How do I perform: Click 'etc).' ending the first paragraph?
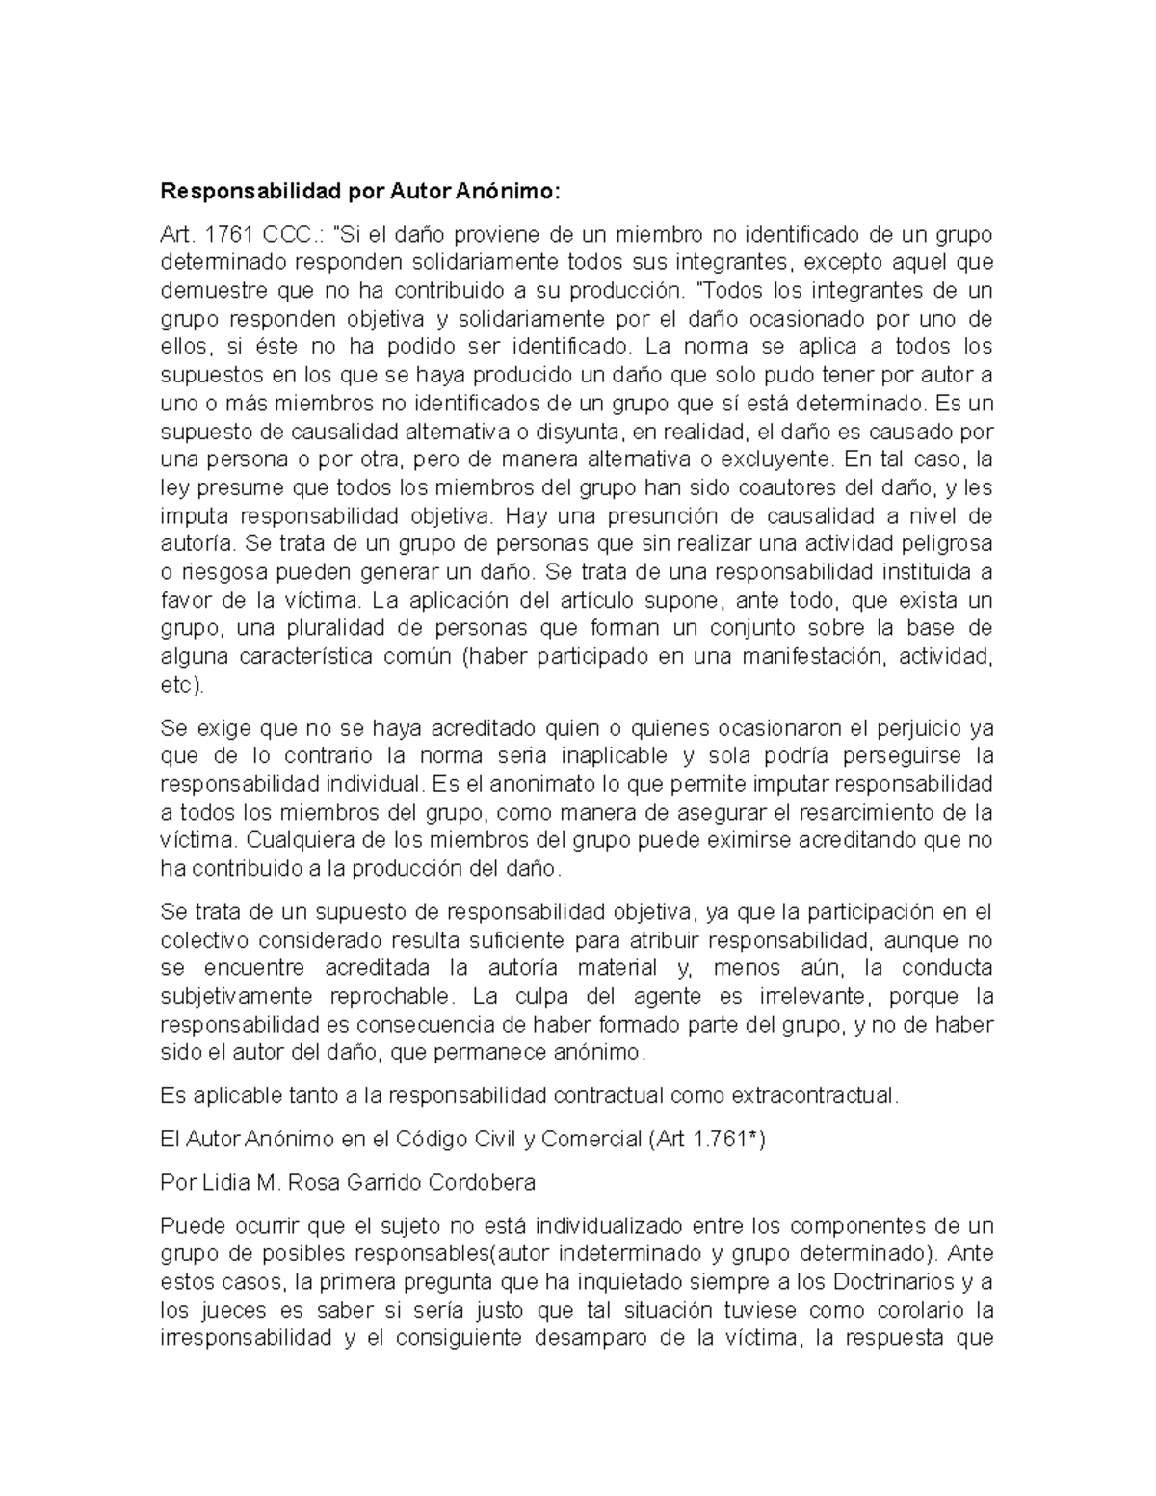pos(182,686)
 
